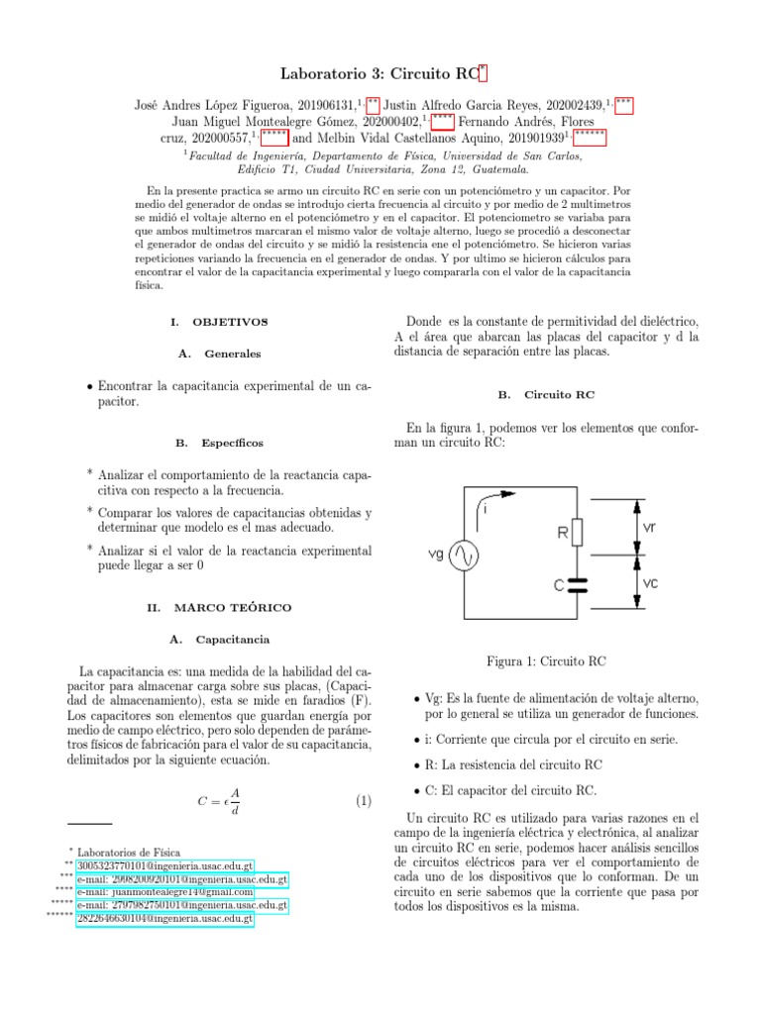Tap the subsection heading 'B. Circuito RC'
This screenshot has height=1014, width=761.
[x=546, y=393]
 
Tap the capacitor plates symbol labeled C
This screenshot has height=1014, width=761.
[x=581, y=585]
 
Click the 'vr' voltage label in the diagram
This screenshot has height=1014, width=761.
[x=649, y=528]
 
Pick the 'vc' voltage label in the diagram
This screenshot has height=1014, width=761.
[x=649, y=584]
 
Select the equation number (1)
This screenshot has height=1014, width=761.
[x=363, y=801]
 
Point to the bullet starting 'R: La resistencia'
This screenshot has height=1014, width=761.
[x=515, y=764]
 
